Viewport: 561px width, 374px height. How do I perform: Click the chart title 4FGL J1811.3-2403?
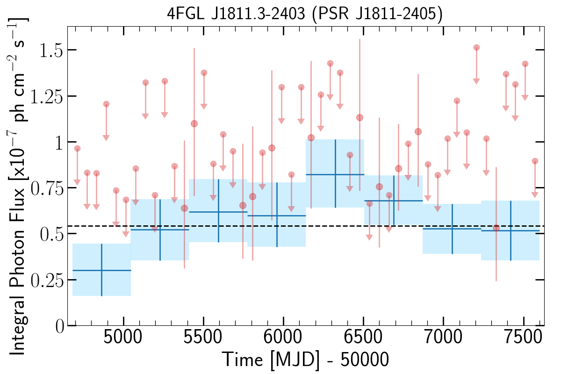[236, 14]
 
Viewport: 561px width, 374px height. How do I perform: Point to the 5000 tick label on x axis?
[122, 337]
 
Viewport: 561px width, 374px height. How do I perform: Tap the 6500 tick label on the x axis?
[363, 337]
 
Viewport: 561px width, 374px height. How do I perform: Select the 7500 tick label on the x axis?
[524, 337]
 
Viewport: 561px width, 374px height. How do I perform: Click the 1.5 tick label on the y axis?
[51, 50]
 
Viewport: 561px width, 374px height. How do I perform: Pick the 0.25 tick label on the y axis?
[47, 280]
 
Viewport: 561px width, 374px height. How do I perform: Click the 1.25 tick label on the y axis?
[47, 96]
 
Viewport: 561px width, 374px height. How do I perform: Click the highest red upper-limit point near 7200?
[476, 48]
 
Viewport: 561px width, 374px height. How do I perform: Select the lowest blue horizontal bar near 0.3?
[102, 270]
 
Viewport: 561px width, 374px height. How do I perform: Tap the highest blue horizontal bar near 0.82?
[335, 174]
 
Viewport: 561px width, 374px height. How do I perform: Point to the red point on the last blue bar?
[496, 228]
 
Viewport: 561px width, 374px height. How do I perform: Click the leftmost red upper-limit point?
[77, 149]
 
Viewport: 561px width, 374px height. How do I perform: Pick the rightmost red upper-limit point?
[535, 161]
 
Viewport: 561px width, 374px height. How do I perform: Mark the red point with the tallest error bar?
[360, 117]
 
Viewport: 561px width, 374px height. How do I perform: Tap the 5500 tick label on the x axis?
[203, 337]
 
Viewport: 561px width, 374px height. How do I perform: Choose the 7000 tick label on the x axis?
[443, 337]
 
